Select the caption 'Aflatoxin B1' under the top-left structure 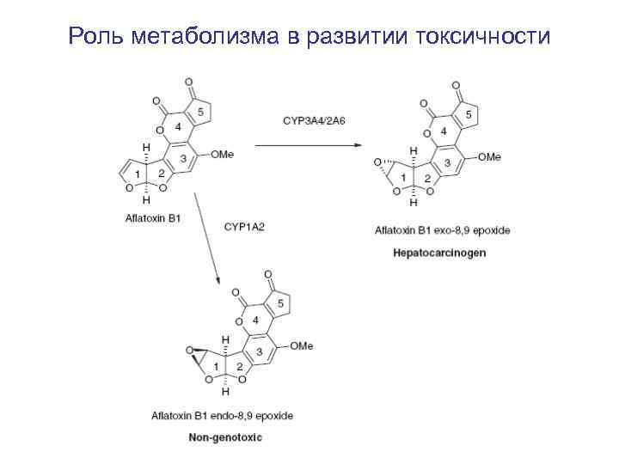[152, 218]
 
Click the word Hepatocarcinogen [439, 253]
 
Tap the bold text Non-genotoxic [226, 437]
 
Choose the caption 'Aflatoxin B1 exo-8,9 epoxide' [442, 231]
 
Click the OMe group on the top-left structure [221, 155]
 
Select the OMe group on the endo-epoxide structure [301, 345]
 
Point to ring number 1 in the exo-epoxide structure [402, 177]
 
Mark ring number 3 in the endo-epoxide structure [259, 352]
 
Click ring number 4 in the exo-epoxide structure [443, 131]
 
